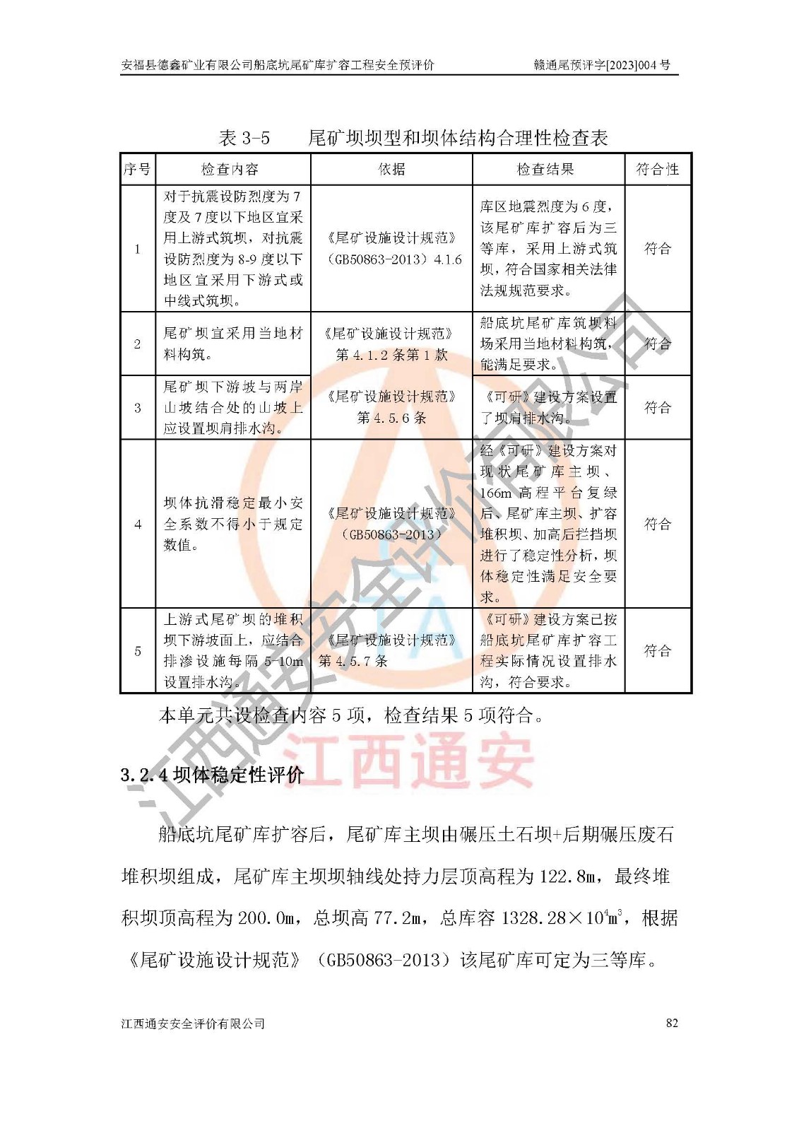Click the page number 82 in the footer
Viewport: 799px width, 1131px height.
point(671,1023)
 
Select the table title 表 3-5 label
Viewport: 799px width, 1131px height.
point(244,138)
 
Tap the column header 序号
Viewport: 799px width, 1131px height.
point(137,170)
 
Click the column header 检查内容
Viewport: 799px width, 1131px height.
point(230,170)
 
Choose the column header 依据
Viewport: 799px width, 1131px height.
point(391,170)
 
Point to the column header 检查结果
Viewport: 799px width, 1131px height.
point(545,170)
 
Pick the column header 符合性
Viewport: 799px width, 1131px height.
point(657,170)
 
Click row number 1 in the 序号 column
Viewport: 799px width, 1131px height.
point(138,249)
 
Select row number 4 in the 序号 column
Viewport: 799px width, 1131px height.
point(138,525)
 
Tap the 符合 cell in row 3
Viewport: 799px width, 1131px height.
point(657,408)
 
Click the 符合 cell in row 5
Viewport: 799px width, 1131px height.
point(657,651)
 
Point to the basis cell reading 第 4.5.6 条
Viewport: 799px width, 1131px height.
point(391,418)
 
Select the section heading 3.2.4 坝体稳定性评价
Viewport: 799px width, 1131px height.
point(212,775)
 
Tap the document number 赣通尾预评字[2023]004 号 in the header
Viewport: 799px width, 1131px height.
point(602,66)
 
